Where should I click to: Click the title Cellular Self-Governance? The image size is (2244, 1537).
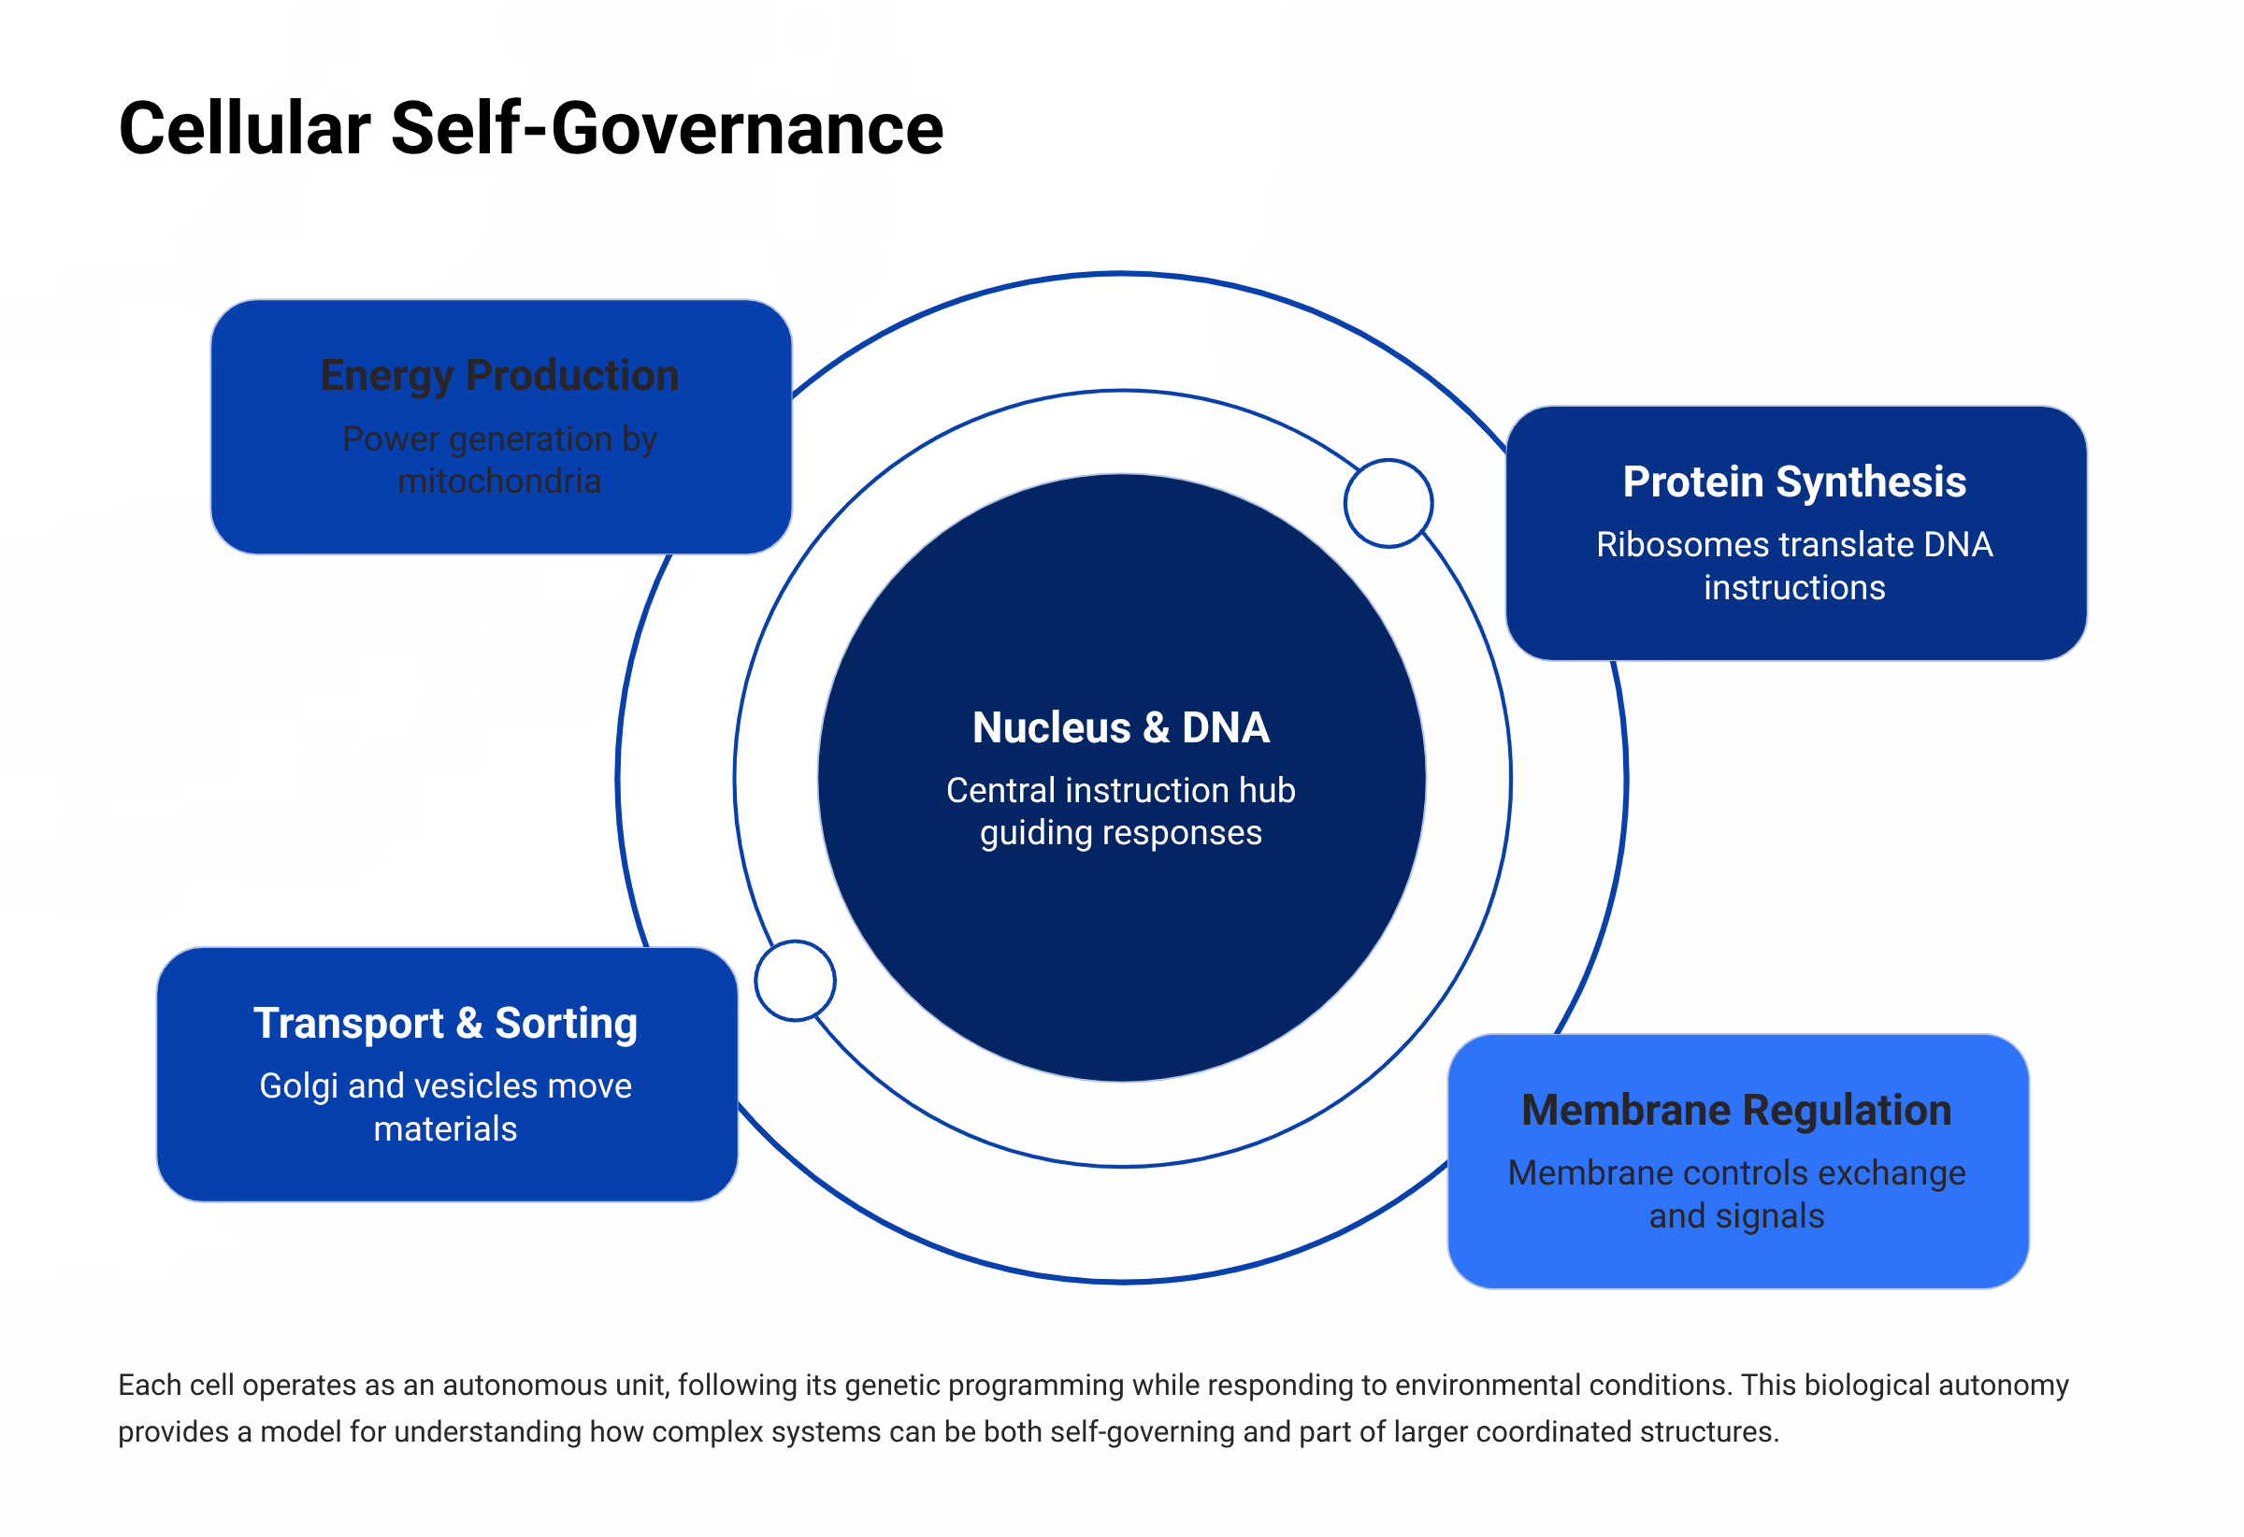(530, 128)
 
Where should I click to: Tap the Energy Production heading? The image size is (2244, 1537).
(499, 376)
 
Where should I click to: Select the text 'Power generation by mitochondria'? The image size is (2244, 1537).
(499, 460)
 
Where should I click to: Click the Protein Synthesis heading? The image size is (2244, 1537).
(1793, 481)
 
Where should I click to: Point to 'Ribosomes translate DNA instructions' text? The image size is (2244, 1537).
(1793, 566)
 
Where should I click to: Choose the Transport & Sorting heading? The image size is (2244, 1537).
(445, 1024)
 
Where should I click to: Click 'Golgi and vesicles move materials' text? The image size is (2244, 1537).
(445, 1107)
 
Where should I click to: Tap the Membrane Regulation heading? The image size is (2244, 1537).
(1736, 1111)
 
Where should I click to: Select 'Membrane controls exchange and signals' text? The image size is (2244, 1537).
(1736, 1194)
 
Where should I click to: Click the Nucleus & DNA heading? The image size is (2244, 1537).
(1120, 728)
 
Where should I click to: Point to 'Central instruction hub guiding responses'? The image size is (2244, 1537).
(1120, 811)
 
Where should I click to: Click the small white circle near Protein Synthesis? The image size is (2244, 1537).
(1388, 503)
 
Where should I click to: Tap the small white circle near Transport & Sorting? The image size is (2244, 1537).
(795, 981)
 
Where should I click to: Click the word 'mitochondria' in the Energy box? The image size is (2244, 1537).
(499, 481)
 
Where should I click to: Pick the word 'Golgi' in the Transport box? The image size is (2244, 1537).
(298, 1087)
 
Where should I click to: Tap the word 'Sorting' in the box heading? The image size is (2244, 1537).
(566, 1024)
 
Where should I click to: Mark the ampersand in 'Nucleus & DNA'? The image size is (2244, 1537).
(1156, 728)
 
